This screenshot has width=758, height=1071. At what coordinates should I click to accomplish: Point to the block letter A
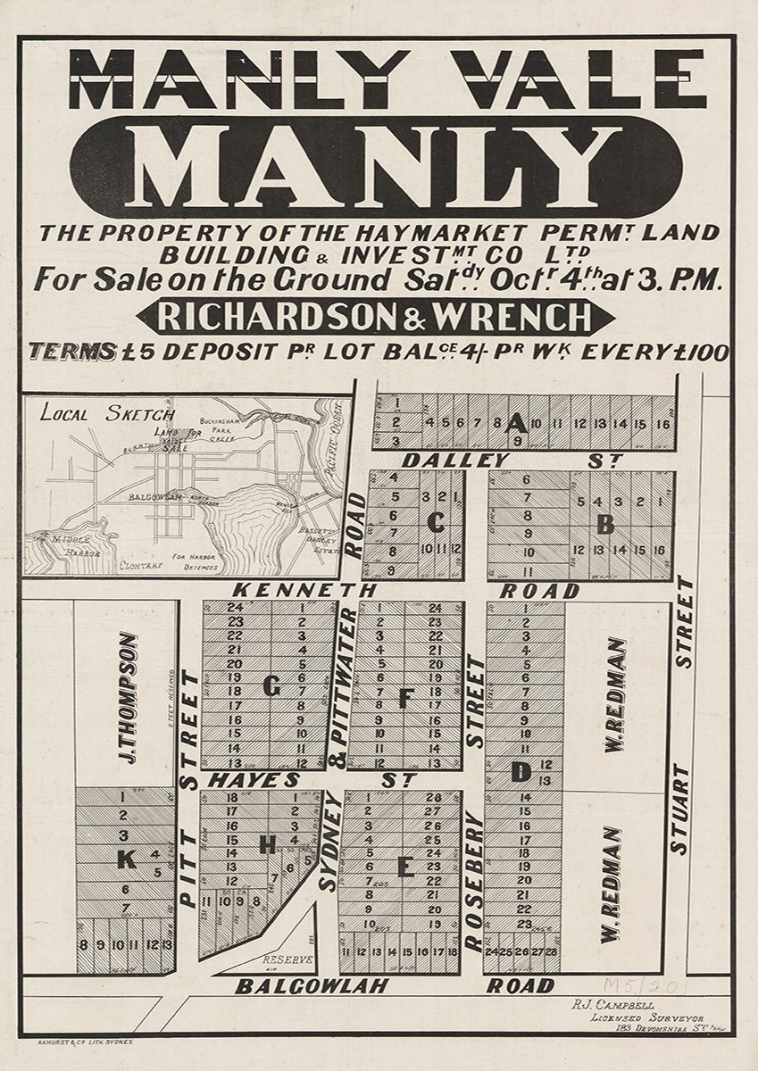[x=515, y=423]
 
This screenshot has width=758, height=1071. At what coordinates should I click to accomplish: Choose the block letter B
[x=605, y=524]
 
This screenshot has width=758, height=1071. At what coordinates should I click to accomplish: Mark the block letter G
[x=271, y=686]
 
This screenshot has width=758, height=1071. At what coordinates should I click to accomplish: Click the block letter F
[x=404, y=699]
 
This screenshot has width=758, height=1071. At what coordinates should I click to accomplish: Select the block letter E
[x=404, y=866]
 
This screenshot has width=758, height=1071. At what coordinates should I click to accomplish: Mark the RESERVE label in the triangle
[x=287, y=960]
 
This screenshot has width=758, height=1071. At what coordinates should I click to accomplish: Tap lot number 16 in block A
[x=662, y=423]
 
